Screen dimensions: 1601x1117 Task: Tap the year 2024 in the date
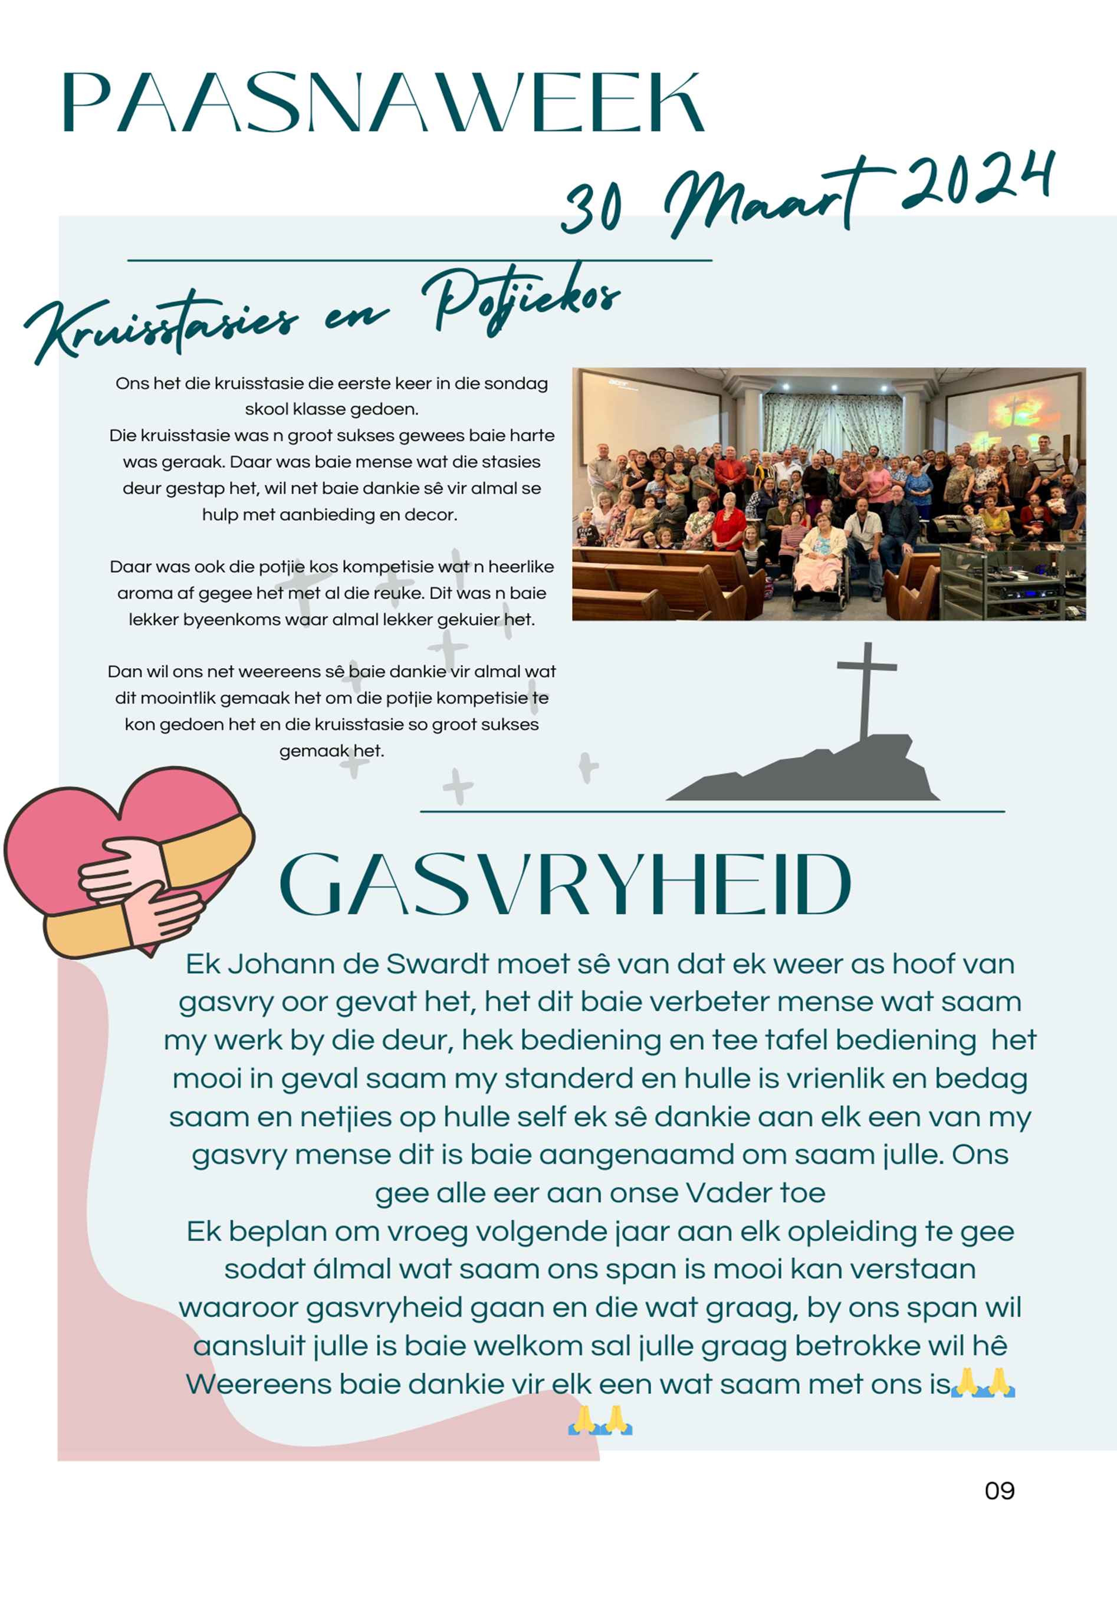pos(976,183)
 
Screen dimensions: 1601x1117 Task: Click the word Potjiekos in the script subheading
pos(520,298)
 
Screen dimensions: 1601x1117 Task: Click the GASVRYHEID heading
pos(565,884)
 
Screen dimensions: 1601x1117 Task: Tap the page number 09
pos(999,1491)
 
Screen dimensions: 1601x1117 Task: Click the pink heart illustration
pos(126,857)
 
